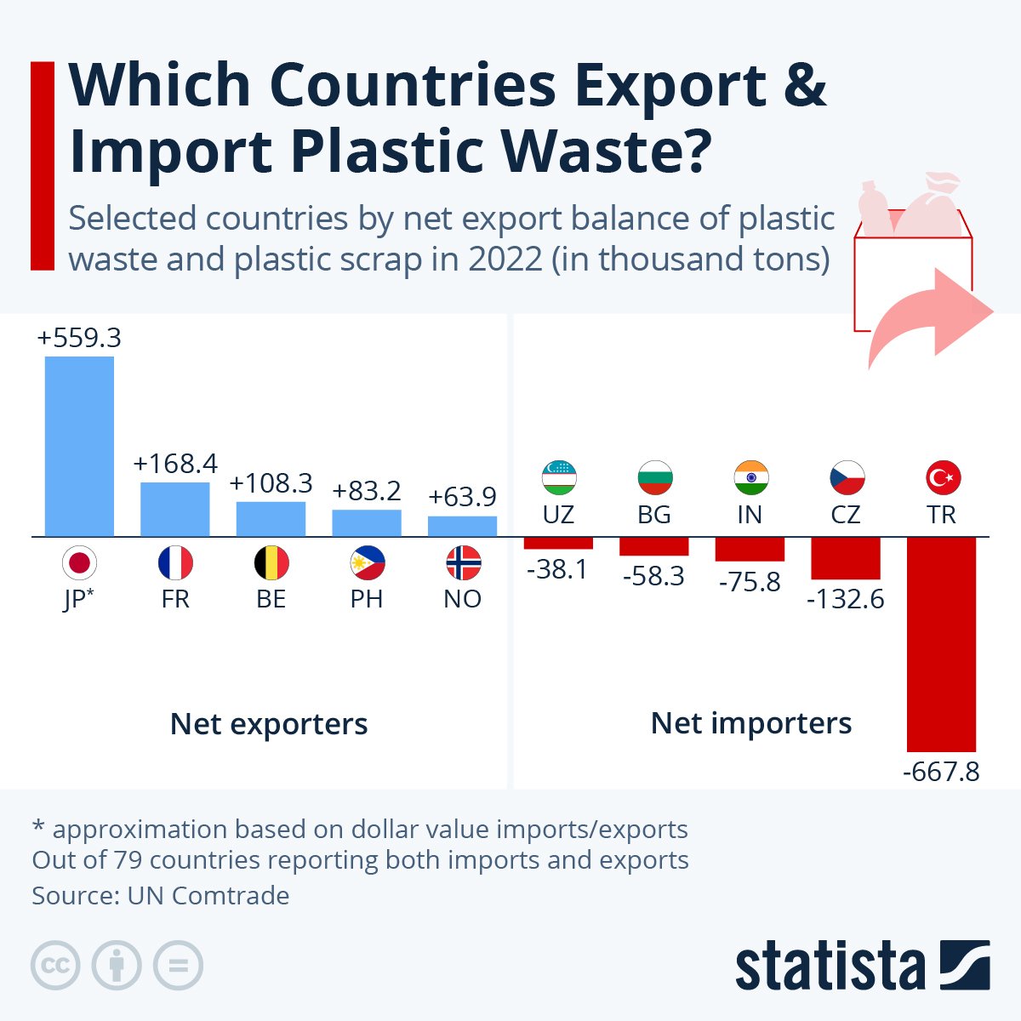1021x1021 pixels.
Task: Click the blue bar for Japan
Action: [79, 446]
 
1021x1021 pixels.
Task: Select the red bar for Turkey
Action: [941, 643]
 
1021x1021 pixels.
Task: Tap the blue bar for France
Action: [174, 509]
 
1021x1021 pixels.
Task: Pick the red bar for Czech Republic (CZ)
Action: [845, 558]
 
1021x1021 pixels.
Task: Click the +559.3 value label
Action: [79, 338]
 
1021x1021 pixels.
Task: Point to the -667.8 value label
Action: [941, 772]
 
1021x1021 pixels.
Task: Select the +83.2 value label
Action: [367, 491]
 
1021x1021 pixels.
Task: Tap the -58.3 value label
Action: [653, 576]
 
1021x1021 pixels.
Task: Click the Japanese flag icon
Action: [79, 563]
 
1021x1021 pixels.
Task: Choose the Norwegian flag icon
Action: [463, 563]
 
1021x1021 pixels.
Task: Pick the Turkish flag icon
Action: [942, 478]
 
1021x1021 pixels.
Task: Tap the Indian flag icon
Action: [750, 478]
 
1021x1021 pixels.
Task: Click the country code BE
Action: [271, 599]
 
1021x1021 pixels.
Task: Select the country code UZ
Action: [558, 515]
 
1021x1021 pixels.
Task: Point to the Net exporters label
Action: [269, 724]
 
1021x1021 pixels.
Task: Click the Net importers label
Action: [750, 723]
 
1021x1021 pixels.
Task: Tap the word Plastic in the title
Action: [386, 151]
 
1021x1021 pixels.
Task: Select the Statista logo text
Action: [830, 967]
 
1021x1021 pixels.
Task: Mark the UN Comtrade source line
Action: [161, 895]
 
